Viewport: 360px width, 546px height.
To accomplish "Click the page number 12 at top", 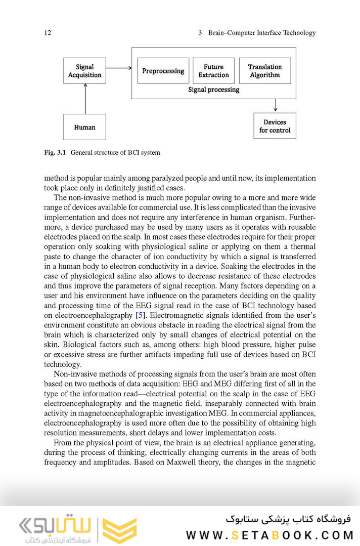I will click(48, 33).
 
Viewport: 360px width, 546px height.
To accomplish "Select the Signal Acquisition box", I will click(85, 71).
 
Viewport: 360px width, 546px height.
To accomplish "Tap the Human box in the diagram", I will click(84, 127).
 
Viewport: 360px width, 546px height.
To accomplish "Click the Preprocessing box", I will click(163, 71).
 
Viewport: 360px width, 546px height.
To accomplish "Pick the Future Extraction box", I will click(213, 71).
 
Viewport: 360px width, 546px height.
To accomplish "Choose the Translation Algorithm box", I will click(264, 71).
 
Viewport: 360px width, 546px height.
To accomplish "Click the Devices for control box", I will click(275, 126).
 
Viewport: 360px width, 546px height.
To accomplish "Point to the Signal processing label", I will click(213, 90).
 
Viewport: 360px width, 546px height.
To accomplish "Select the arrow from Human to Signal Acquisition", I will click(85, 99).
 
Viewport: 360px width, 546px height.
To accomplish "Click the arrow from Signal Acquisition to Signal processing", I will click(119, 67).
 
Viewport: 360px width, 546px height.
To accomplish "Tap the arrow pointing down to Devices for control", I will click(275, 105).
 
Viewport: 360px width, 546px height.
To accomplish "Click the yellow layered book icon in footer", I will click(119, 530).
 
